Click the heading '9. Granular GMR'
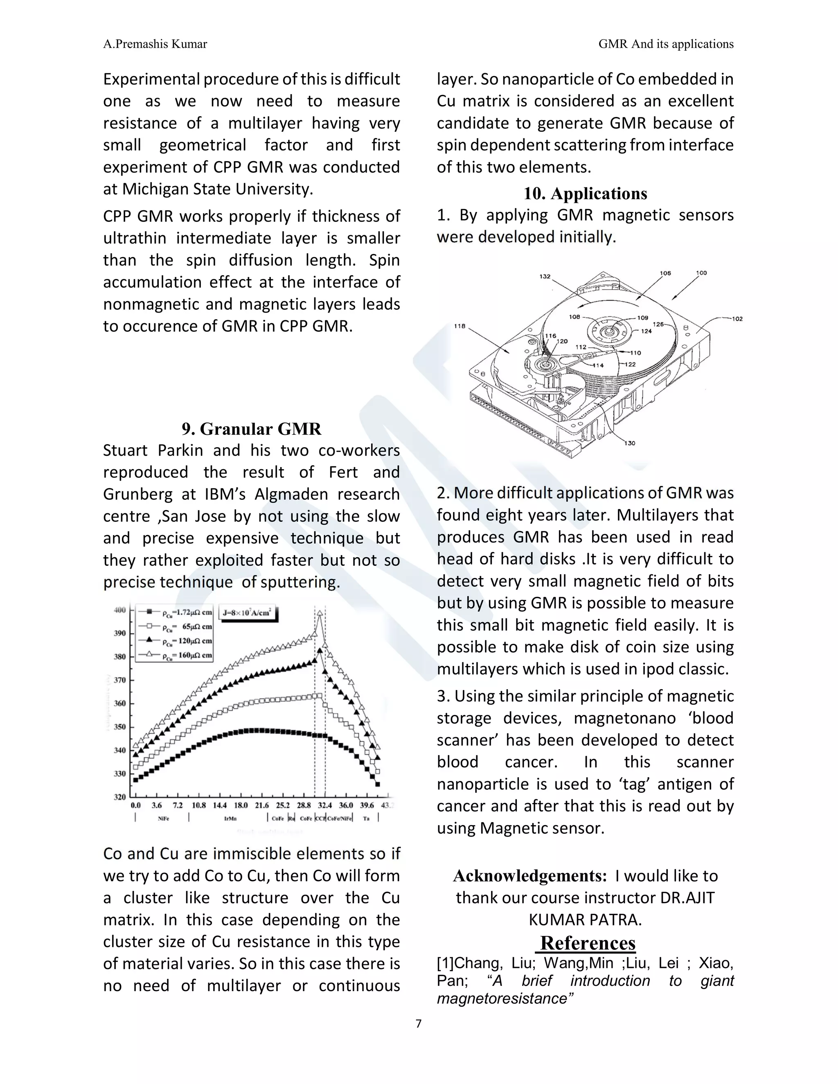[251, 429]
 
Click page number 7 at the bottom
[419, 1024]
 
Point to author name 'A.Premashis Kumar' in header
[155, 44]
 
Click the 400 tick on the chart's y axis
[120, 610]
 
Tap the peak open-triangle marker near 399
[320, 614]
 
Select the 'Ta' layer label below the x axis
[366, 819]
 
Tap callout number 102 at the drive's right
[737, 319]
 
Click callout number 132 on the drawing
[545, 277]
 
